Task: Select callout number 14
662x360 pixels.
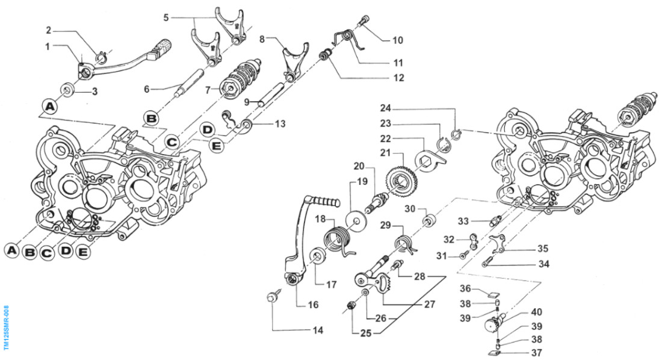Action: pyautogui.click(x=318, y=330)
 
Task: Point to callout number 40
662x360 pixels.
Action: pyautogui.click(x=536, y=312)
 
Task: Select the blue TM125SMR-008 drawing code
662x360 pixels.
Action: pyautogui.click(x=7, y=327)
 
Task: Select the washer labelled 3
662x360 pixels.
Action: pyautogui.click(x=67, y=93)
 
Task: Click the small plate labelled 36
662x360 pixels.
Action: pyautogui.click(x=493, y=296)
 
